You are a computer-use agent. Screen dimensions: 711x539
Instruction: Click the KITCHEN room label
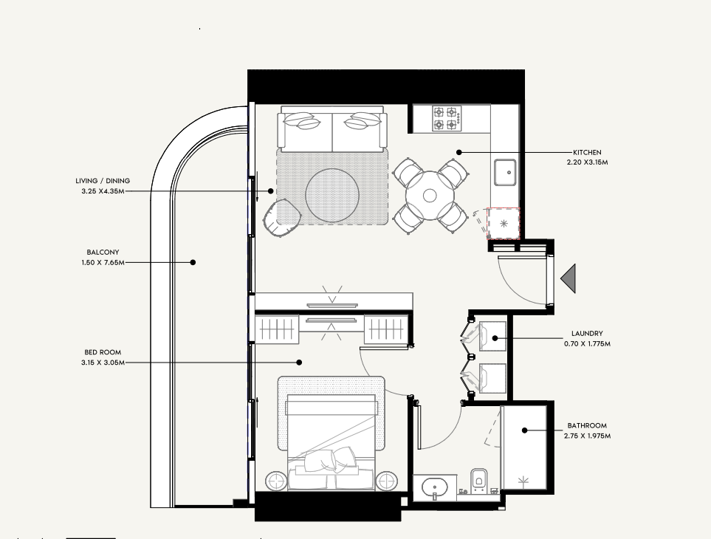587,152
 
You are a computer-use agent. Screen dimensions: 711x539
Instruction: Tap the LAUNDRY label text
587,333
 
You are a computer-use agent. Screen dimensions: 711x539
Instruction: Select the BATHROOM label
587,426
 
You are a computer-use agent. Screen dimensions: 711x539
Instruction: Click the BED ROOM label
103,352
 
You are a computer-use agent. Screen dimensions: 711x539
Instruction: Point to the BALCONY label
103,252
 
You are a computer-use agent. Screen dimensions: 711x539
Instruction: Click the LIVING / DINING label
103,181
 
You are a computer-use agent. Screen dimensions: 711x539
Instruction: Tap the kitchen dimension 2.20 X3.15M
587,162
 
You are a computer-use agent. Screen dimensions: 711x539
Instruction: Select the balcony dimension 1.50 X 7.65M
103,262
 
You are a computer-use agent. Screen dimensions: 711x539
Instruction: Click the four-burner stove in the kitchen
447,118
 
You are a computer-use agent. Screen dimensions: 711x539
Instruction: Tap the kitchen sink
505,172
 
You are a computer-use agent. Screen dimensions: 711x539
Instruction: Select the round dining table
430,196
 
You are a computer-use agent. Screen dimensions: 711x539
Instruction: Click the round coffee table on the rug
332,196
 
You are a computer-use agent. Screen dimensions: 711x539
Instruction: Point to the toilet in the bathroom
479,481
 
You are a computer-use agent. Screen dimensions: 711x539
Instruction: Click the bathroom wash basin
435,488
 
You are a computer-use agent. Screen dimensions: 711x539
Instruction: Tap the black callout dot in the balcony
193,262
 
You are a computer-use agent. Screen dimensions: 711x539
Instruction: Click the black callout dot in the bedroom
299,363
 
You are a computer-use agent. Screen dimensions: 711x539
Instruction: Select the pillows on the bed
330,460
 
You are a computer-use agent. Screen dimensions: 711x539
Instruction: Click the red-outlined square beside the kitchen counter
504,224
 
